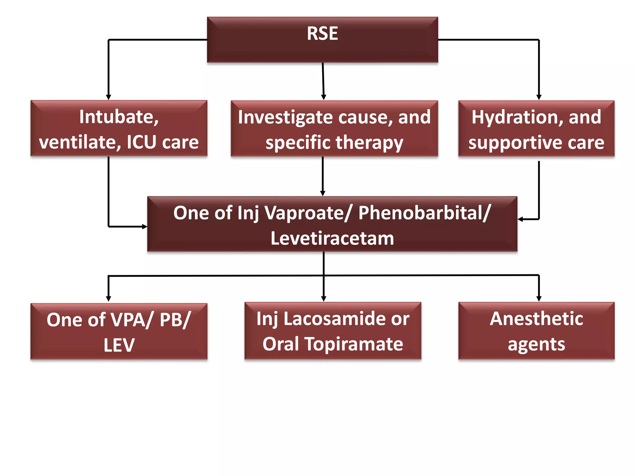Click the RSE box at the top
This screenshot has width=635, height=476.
322,40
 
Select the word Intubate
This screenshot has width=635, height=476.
119,117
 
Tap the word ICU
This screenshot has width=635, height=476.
141,142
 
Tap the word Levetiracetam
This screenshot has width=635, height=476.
332,238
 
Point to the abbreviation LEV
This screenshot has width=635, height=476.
119,345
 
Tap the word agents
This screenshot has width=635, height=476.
536,344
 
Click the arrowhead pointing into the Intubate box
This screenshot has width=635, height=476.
109,97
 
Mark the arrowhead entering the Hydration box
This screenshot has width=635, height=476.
539,97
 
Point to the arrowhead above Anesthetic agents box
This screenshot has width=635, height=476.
539,299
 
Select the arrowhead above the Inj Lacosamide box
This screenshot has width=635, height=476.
324,299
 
